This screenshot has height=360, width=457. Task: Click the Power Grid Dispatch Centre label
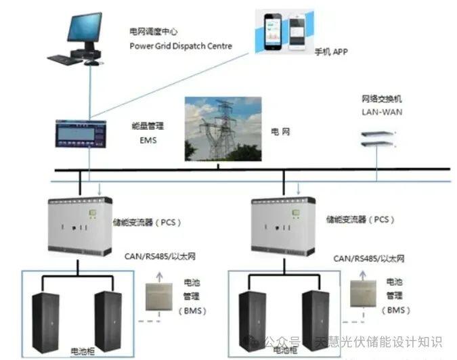(x=180, y=46)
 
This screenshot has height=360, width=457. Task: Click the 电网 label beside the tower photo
(x=280, y=131)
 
